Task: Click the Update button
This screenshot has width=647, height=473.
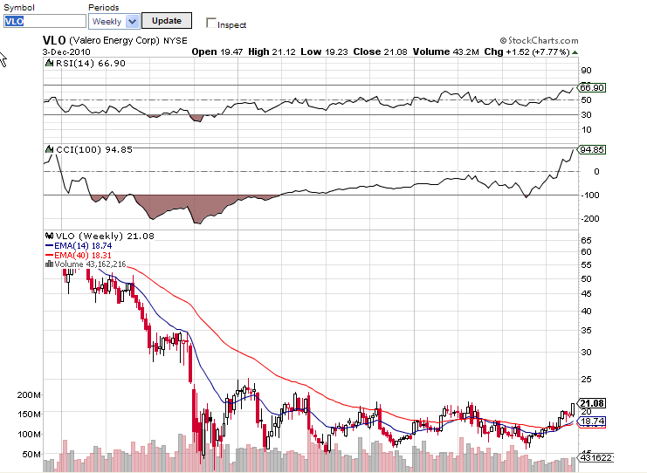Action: click(x=166, y=20)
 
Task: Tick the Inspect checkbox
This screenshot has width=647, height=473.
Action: click(x=210, y=23)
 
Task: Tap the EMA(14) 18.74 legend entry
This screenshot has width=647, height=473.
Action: click(x=85, y=246)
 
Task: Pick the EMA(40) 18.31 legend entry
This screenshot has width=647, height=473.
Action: click(x=85, y=255)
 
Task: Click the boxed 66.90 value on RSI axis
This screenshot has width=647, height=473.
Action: click(x=592, y=87)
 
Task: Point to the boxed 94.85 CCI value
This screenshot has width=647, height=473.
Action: click(x=592, y=149)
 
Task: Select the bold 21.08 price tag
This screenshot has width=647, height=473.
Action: click(x=592, y=403)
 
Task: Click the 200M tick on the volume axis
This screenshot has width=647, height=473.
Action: click(x=29, y=394)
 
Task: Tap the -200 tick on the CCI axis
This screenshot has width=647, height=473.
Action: click(x=589, y=218)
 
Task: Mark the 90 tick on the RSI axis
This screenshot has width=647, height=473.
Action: click(x=586, y=70)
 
